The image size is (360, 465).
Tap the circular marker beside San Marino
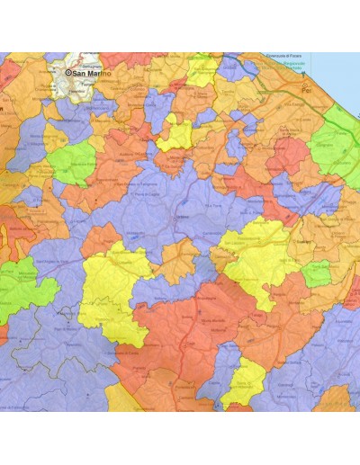point(68,72)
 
